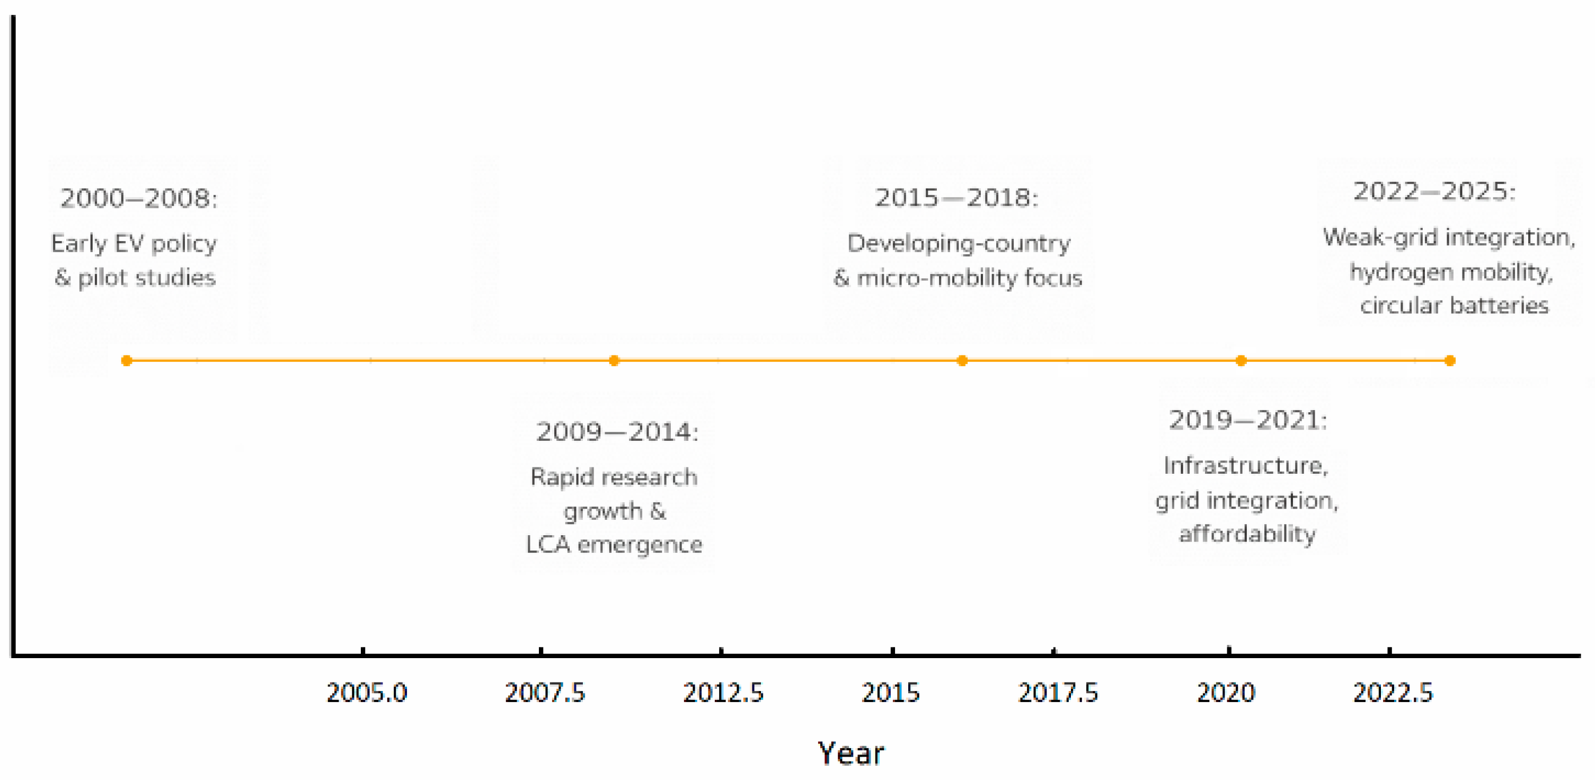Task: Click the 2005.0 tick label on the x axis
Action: point(367,693)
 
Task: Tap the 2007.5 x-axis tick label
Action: point(544,693)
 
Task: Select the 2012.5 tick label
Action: point(723,693)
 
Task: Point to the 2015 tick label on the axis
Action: point(890,693)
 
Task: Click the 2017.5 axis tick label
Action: point(1058,693)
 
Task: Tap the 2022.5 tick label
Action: point(1393,693)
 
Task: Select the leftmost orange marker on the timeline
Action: point(126,361)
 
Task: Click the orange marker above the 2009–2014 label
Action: point(614,361)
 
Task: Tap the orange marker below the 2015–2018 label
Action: point(962,361)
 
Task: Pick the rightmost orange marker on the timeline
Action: point(1449,361)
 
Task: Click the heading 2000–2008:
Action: point(139,199)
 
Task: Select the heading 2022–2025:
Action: point(1434,191)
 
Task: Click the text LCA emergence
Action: point(614,545)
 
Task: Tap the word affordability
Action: point(1247,534)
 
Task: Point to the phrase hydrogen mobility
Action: point(1451,272)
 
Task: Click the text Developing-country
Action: point(958,243)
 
